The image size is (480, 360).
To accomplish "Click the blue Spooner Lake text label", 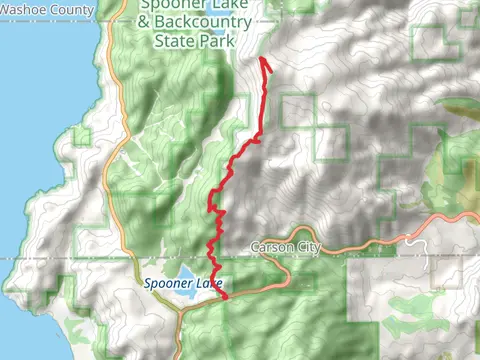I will tap(182, 284).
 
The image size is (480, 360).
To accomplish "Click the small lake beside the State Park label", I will tap(216, 43).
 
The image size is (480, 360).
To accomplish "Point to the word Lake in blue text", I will tap(208, 284).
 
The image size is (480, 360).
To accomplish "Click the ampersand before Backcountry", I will tap(146, 22).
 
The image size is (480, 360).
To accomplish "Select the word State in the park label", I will tap(177, 43).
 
